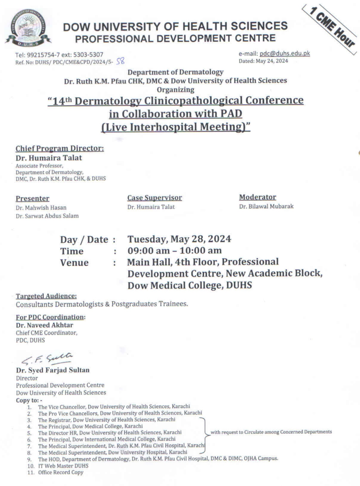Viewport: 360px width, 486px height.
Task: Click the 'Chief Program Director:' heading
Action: coord(60,149)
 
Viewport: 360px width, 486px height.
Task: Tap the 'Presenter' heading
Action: coord(32,198)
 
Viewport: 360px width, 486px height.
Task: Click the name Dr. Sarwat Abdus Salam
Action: coord(47,216)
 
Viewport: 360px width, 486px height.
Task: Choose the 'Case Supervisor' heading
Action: coord(154,197)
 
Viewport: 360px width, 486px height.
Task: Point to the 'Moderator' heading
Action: coord(258,197)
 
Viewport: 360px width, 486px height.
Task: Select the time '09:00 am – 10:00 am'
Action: coord(174,251)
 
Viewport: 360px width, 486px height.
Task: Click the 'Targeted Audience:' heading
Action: coord(46,296)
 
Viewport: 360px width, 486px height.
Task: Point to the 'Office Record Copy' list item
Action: coord(61,472)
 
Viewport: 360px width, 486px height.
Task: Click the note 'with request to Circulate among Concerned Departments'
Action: coord(271,432)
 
